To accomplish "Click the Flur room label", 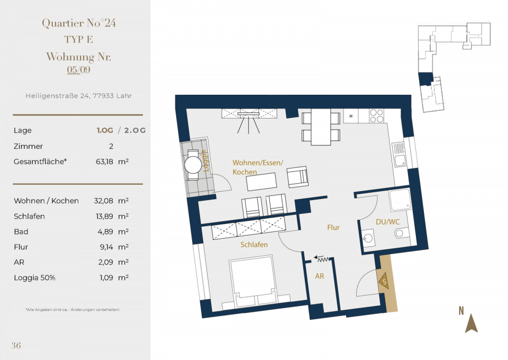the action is (x=333, y=228).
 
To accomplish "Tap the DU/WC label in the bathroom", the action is (x=387, y=222).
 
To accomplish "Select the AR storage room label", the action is (x=320, y=276).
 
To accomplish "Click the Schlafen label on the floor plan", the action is (x=254, y=245).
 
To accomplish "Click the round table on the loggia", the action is (x=194, y=165).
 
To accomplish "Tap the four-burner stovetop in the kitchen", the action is (x=376, y=116).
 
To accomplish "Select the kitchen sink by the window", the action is (x=399, y=155).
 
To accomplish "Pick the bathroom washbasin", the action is (x=367, y=238).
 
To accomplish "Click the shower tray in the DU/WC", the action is (x=400, y=200).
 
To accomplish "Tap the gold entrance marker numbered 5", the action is (x=383, y=281).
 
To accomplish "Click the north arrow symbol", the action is (x=471, y=323).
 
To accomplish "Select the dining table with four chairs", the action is (x=321, y=127).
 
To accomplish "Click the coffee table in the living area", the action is (x=261, y=182).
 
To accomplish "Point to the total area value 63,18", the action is (x=104, y=161).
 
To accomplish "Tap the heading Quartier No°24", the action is (x=79, y=23).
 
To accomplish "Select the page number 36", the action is (x=16, y=345).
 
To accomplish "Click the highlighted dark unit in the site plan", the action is (x=425, y=79).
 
